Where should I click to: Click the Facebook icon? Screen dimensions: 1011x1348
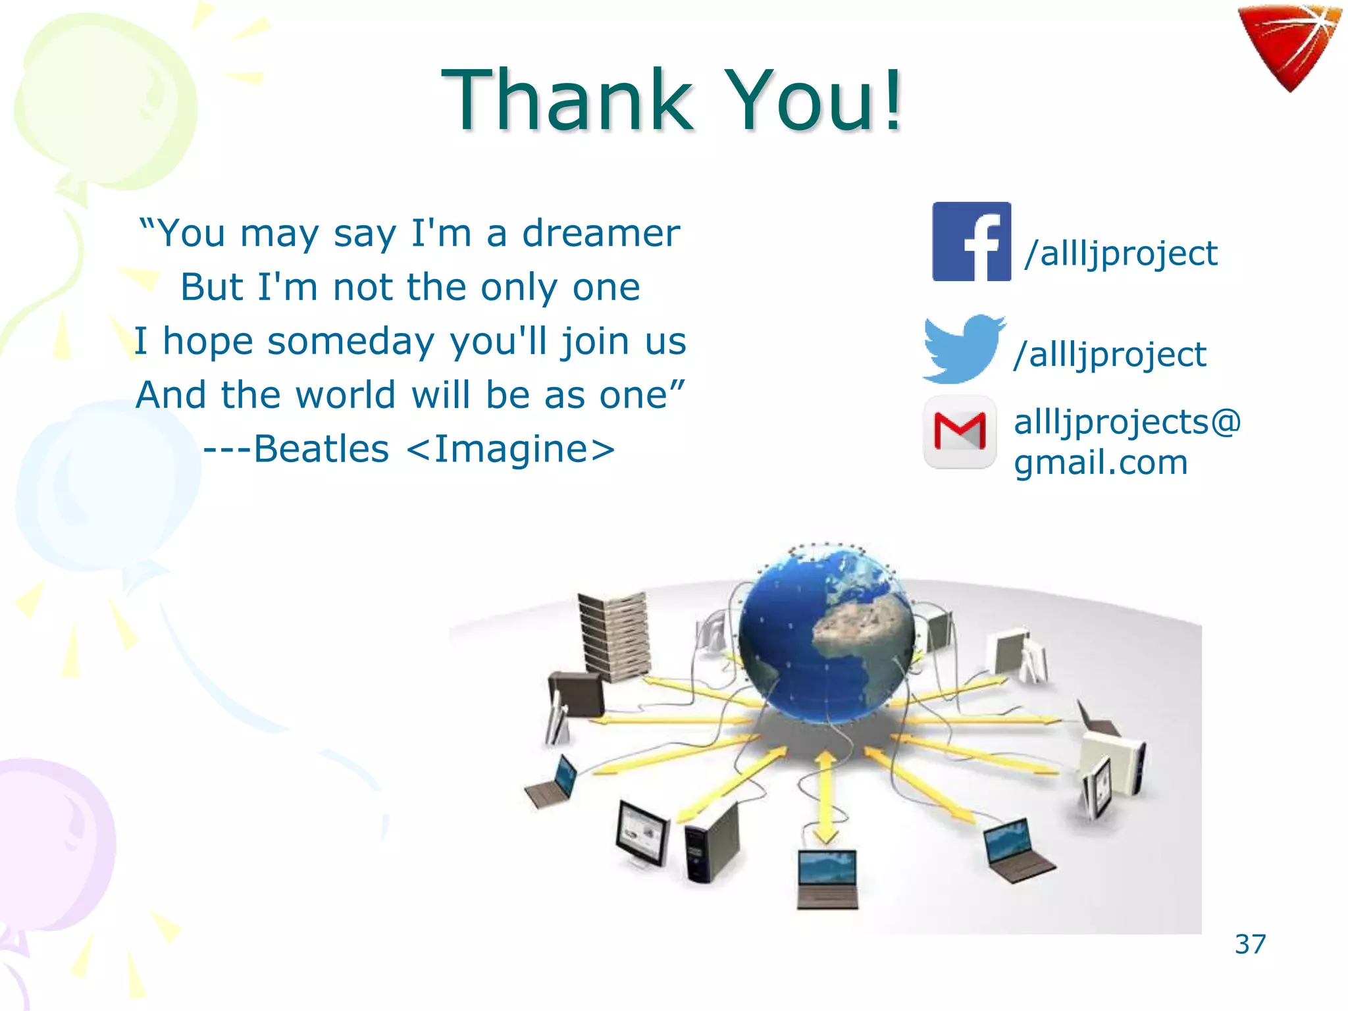[972, 242]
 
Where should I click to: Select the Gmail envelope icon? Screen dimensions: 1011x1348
[960, 432]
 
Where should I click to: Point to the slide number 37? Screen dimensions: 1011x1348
[1250, 944]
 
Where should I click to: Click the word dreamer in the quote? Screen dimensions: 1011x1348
[600, 233]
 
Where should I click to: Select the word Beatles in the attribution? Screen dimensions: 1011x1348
[321, 449]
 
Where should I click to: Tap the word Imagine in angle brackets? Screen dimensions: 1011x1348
[511, 449]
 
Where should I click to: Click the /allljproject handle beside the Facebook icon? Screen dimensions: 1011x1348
[1121, 254]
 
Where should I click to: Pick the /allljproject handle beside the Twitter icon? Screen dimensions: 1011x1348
[1110, 355]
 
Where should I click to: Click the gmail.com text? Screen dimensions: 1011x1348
[1101, 462]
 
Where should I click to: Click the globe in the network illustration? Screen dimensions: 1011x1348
[826, 635]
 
